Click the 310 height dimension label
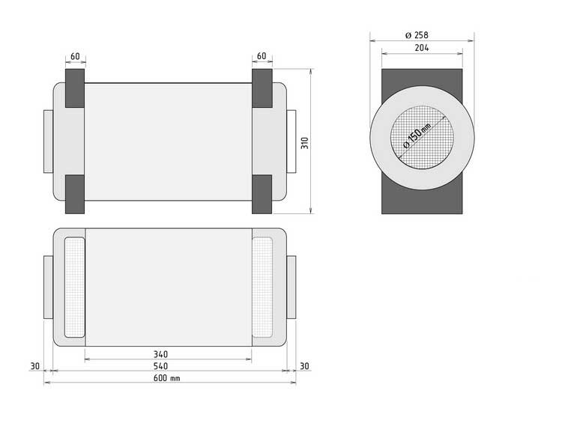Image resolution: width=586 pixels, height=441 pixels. pyautogui.click(x=305, y=143)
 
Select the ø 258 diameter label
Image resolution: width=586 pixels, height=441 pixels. pyautogui.click(x=417, y=35)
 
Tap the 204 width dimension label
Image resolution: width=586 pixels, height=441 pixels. pyautogui.click(x=422, y=48)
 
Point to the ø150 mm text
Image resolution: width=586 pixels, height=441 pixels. pyautogui.click(x=417, y=136)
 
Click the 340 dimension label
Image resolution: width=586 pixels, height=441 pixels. pyautogui.click(x=160, y=354)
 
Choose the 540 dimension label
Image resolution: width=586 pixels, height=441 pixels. pyautogui.click(x=160, y=366)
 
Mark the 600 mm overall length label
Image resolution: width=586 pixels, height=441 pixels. pyautogui.click(x=166, y=378)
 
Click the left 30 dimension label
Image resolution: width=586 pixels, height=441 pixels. pyautogui.click(x=34, y=366)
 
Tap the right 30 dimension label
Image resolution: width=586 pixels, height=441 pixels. pyautogui.click(x=304, y=366)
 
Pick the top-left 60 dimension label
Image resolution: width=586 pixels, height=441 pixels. pyautogui.click(x=75, y=56)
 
